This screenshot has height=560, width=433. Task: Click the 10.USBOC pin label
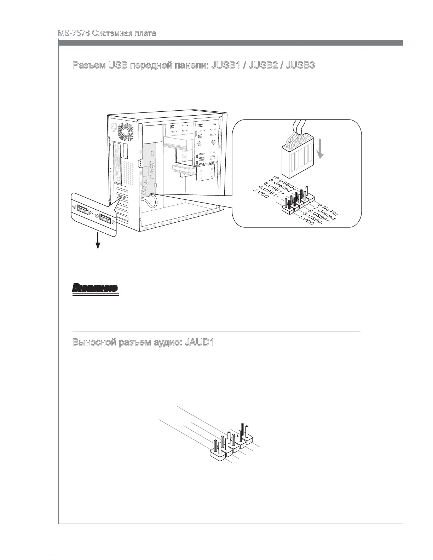284,182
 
